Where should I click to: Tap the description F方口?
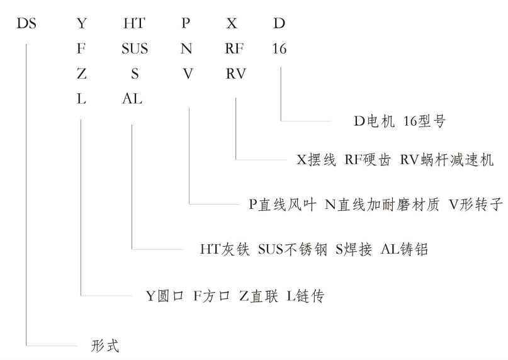(211, 295)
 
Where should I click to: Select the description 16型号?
(422, 121)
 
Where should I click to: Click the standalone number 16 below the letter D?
(279, 48)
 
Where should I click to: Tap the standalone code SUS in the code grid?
(135, 48)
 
